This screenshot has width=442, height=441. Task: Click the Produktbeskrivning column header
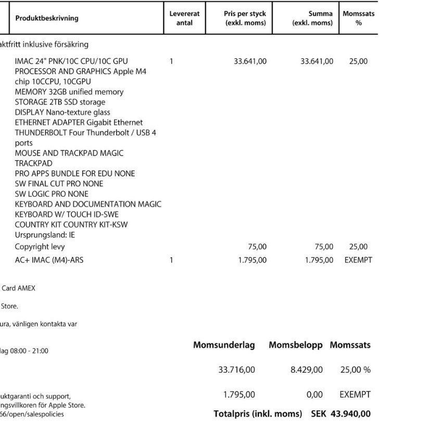47,18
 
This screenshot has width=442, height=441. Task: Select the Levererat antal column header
184,18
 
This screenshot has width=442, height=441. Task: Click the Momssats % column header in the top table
358,18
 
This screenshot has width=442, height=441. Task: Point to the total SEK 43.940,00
341,414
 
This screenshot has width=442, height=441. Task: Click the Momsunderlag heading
224,345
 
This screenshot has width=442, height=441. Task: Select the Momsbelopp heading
295,345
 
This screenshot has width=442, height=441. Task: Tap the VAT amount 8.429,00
306,370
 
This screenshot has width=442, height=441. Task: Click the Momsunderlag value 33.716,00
236,370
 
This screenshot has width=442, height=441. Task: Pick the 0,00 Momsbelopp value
314,395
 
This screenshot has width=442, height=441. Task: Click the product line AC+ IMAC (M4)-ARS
49,260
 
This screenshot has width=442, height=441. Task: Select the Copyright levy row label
40,247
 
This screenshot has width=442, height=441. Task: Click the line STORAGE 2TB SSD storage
60,102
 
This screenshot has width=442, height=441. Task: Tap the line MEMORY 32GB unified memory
69,92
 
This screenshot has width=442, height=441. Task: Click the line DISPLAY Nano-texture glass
62,112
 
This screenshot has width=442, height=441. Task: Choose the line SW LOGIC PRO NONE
52,194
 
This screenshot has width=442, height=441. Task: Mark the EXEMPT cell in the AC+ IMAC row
358,260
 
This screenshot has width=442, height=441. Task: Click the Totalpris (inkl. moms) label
258,414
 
